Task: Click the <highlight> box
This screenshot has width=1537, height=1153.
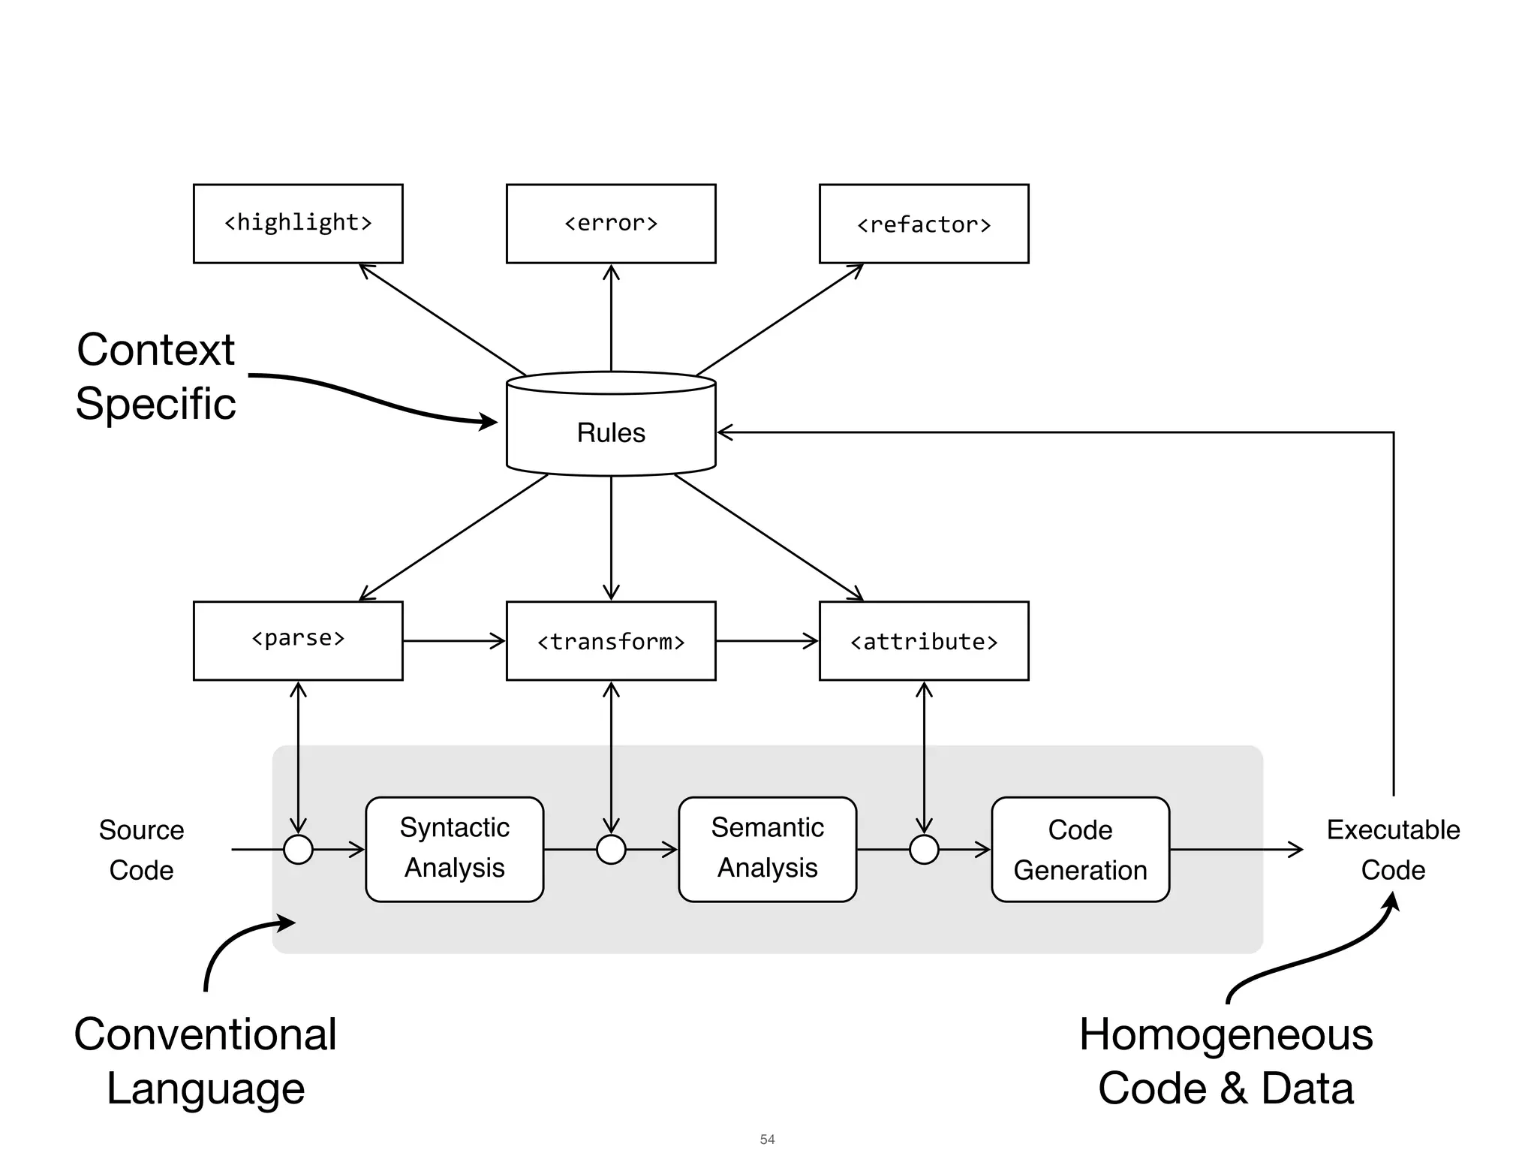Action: point(298,224)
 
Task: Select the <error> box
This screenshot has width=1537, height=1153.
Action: point(611,224)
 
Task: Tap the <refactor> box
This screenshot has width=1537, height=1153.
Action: point(924,224)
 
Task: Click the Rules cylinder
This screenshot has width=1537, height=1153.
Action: point(611,432)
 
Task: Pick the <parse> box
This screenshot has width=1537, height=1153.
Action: point(298,640)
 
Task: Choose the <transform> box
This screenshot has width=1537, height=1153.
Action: point(611,640)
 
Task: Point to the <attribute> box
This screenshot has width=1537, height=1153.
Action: point(924,640)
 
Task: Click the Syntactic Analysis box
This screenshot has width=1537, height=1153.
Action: point(454,849)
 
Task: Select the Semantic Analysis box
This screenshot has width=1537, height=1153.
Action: point(767,849)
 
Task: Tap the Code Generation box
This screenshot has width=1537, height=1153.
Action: point(1080,849)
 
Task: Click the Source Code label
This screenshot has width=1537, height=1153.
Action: point(141,850)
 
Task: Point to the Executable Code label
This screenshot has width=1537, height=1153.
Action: point(1393,850)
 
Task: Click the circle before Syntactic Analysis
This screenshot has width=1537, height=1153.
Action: point(298,849)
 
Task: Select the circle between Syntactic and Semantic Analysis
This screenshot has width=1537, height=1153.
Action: point(611,849)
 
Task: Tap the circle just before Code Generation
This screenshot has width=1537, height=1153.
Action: point(924,849)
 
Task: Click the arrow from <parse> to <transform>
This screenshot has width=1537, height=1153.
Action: point(454,641)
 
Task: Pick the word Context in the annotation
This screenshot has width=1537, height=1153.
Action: point(156,350)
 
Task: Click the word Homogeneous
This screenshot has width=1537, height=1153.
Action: point(1226,1034)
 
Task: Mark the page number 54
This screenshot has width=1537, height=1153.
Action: point(767,1139)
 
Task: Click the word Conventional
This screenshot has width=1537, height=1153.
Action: point(205,1034)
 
